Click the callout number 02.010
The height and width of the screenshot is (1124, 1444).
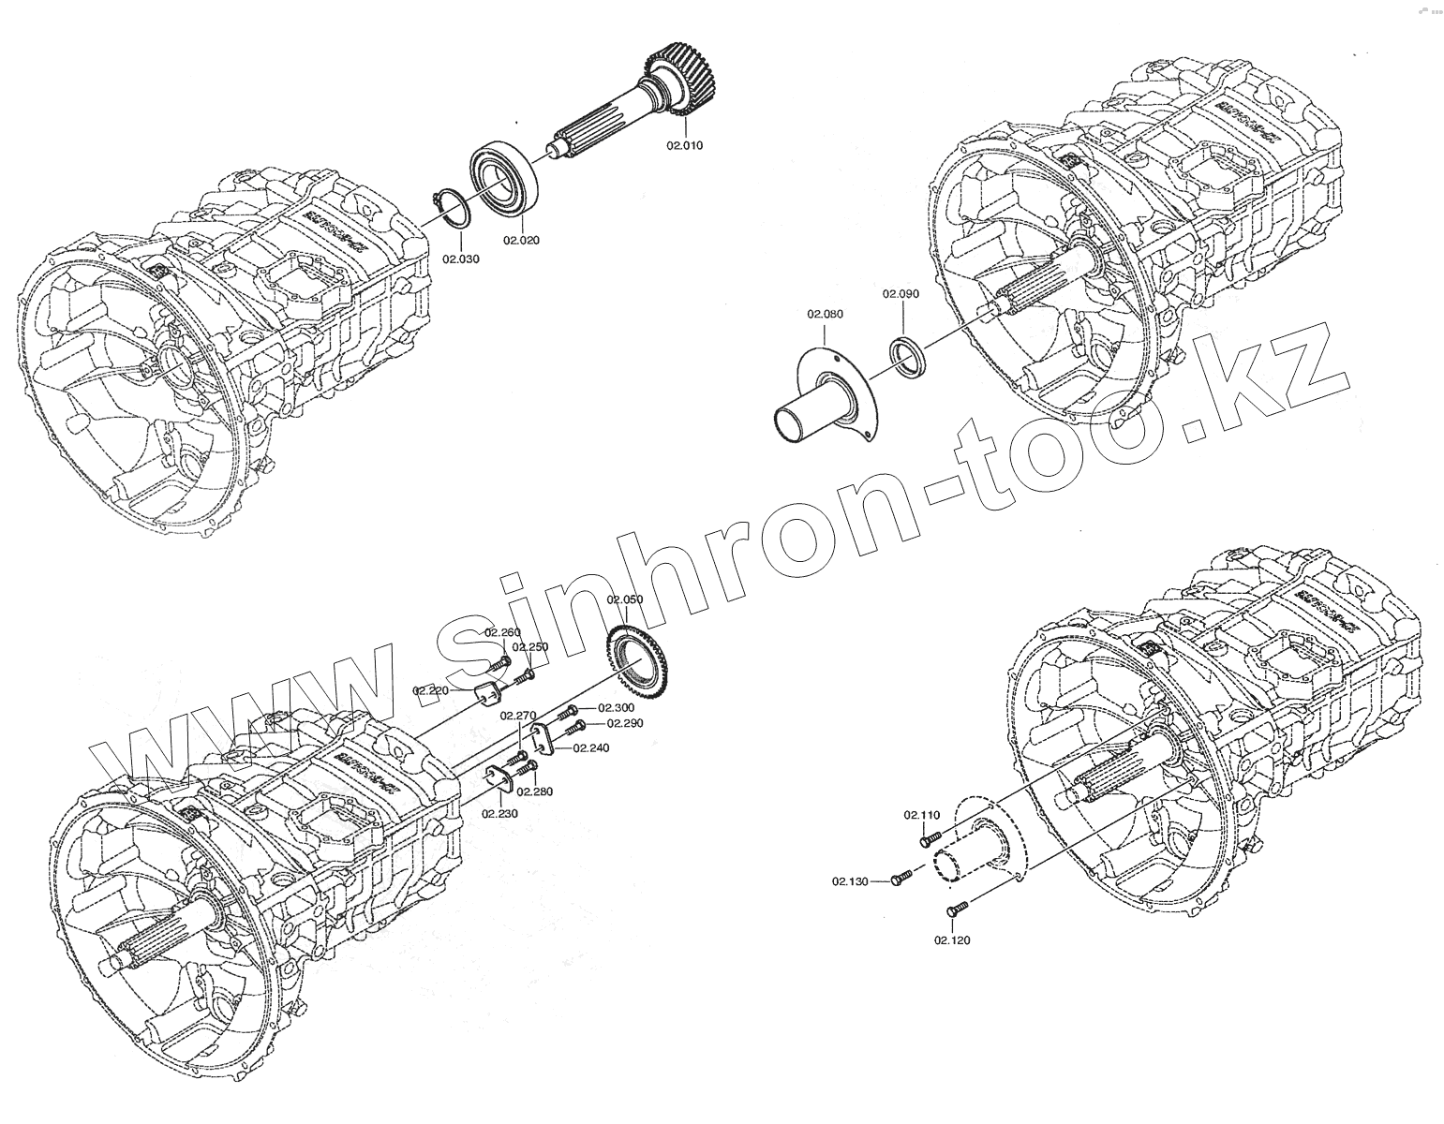[684, 146]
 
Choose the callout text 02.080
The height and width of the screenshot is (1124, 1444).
[825, 314]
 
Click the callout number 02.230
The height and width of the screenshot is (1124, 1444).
[500, 813]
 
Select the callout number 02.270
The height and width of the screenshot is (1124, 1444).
[517, 716]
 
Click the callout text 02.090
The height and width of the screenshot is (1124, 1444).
[901, 293]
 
